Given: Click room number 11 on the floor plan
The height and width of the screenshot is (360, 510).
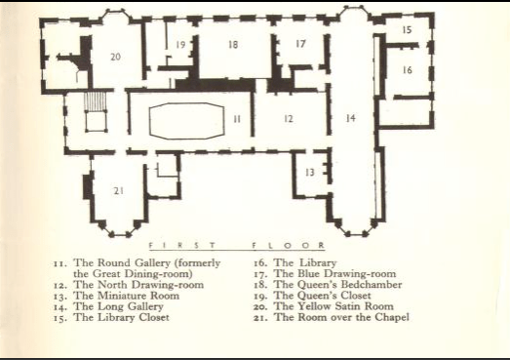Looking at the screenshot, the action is (x=237, y=119).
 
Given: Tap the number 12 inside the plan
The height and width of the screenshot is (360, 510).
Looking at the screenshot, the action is (x=289, y=119).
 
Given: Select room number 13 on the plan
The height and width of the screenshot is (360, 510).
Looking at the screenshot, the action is (x=310, y=172).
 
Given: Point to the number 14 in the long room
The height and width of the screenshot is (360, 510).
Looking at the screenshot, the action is (x=350, y=118).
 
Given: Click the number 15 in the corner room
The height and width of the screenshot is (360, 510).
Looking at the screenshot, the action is (x=407, y=30).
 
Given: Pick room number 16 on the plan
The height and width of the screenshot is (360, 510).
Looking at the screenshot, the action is (x=408, y=70).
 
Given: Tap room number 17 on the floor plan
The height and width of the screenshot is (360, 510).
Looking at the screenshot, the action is (x=301, y=43).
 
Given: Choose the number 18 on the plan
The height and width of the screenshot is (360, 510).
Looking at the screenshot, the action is (x=233, y=44).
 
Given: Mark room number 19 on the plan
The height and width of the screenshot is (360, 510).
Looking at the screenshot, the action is (x=180, y=44).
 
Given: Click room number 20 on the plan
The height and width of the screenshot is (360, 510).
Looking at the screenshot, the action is (x=115, y=57).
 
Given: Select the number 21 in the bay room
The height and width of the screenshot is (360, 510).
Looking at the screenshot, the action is (x=119, y=191).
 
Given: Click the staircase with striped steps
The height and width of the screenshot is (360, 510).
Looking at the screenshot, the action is (x=96, y=101).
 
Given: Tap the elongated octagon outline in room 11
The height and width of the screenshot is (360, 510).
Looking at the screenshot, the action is (x=149, y=120).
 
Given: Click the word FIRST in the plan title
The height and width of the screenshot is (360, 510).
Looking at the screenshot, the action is (x=181, y=246).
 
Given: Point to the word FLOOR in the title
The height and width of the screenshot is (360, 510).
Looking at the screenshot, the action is (x=289, y=246).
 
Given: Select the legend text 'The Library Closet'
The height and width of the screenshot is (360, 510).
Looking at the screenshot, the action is (x=121, y=317).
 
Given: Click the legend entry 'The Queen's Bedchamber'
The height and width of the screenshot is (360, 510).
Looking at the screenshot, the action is (x=338, y=285).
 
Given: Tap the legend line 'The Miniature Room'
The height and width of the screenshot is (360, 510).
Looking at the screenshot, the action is (x=127, y=296).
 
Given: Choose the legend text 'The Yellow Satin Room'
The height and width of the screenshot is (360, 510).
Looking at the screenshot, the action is (x=333, y=306).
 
